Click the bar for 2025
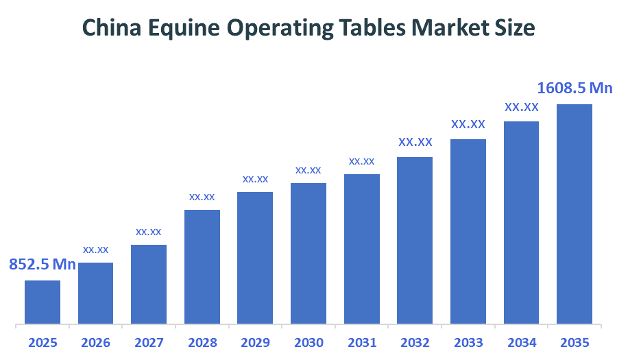coord(43,302)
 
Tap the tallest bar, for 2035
coord(574,213)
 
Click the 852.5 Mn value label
coord(42,264)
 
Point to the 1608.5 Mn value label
coord(574,88)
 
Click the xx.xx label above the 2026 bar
coord(96,250)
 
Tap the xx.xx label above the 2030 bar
coord(308,170)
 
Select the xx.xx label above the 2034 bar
coord(521,108)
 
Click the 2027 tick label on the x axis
coord(149,343)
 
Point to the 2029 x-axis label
coord(255,343)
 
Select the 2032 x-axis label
coord(415,343)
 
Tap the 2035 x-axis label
coord(574,343)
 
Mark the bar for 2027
coord(149,284)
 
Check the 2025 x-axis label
coord(43,343)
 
